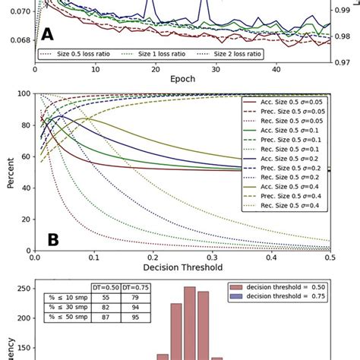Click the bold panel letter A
coord(47,35)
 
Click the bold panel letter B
coord(53,240)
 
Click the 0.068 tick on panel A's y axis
coord(19,39)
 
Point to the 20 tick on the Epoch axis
coord(154,69)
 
